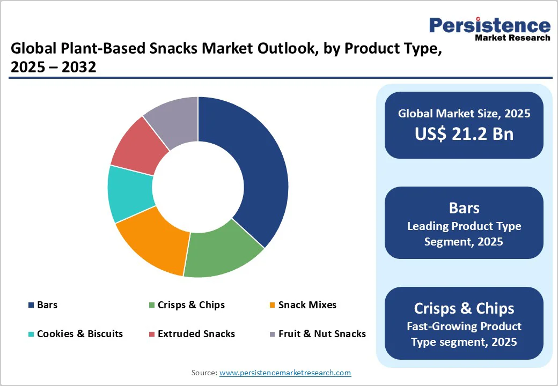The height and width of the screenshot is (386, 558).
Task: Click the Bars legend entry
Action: [x=47, y=305]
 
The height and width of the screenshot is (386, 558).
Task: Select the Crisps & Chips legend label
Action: [x=191, y=305]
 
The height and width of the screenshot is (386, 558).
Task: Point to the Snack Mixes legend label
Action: [x=307, y=305]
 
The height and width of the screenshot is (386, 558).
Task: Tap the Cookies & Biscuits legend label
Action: [x=79, y=334]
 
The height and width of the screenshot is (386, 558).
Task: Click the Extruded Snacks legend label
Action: [x=196, y=334]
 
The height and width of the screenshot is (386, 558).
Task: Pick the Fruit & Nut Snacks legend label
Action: [x=322, y=334]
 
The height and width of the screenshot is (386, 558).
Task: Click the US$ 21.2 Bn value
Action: [x=464, y=133]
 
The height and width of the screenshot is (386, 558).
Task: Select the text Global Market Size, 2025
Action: [x=464, y=113]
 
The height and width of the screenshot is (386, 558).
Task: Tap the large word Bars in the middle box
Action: [x=464, y=208]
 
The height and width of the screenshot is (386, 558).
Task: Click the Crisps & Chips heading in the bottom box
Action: [x=464, y=308]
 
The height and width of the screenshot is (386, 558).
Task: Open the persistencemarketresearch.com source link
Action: [x=285, y=373]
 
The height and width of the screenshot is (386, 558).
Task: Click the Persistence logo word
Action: [x=489, y=25]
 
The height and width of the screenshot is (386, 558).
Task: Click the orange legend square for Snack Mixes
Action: [x=272, y=306]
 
